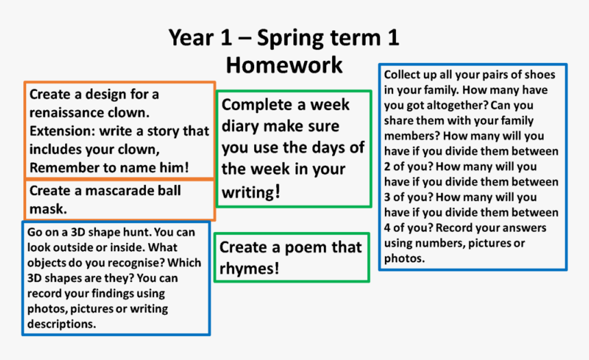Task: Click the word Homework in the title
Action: click(284, 65)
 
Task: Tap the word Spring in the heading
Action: click(292, 38)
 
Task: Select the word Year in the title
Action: click(192, 38)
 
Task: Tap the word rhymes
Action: click(249, 269)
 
